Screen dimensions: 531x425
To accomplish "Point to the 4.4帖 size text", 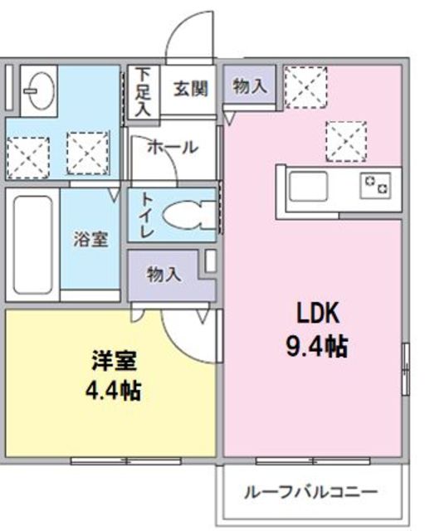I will click(x=115, y=390).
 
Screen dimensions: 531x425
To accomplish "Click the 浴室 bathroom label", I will click(x=90, y=240).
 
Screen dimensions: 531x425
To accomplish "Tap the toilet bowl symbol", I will click(x=187, y=215).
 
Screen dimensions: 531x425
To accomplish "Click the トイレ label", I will click(x=145, y=215).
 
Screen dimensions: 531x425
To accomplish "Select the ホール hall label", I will click(x=172, y=148).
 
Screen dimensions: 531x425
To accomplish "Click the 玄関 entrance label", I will click(x=190, y=88).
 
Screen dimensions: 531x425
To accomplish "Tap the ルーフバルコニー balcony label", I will click(x=310, y=491).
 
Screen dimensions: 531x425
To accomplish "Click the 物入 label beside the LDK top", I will click(x=249, y=85).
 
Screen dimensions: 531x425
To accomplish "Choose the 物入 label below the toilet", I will click(x=164, y=275).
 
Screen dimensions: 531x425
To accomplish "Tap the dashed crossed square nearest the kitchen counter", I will click(x=345, y=139).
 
